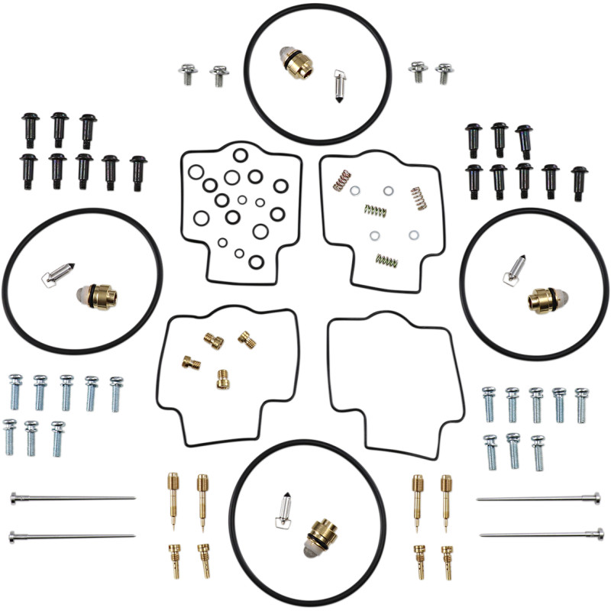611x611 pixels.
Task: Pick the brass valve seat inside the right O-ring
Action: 543,299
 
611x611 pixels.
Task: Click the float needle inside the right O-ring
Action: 514,268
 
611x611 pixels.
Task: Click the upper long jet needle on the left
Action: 73,498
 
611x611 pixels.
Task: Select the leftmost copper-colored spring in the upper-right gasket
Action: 341,180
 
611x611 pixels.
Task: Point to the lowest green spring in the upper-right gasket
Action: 386,260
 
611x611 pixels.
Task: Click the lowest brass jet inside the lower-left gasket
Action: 222,378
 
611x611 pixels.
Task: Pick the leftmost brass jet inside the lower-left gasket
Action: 191,361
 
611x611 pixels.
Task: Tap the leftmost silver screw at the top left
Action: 189,74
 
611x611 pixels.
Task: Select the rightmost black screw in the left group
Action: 138,173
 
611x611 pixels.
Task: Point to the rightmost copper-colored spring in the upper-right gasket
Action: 419,199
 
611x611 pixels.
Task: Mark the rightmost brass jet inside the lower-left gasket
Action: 246,338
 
